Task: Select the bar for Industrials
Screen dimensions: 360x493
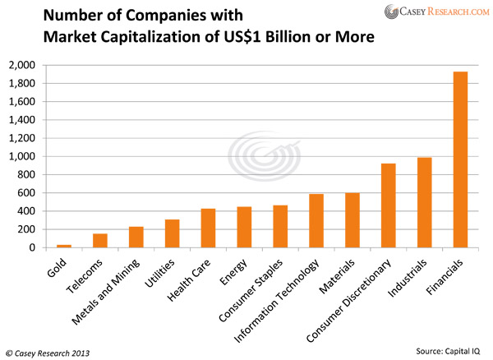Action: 426,202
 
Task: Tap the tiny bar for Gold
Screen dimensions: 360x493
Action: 63,245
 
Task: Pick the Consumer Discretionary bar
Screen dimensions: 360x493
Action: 389,205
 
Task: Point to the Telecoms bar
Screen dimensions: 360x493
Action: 99,240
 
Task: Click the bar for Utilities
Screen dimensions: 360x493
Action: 172,233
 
